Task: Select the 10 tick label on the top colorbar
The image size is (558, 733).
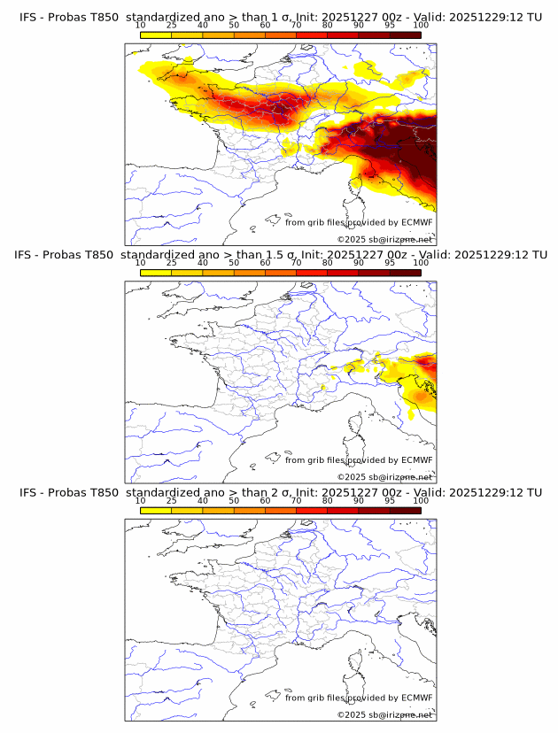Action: click(141, 26)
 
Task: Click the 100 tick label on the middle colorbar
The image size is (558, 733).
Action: click(421, 263)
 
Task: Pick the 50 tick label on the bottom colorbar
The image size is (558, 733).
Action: click(234, 500)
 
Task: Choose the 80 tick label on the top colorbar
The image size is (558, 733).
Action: click(328, 26)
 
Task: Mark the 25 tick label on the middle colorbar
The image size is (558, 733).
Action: click(172, 263)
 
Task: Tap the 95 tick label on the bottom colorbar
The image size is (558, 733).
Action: click(390, 500)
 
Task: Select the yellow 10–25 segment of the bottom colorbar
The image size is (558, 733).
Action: click(156, 510)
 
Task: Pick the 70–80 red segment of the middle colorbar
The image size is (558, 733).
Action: click(312, 273)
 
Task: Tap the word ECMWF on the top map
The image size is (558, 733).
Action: click(417, 223)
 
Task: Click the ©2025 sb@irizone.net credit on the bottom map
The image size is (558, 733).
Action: click(385, 714)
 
